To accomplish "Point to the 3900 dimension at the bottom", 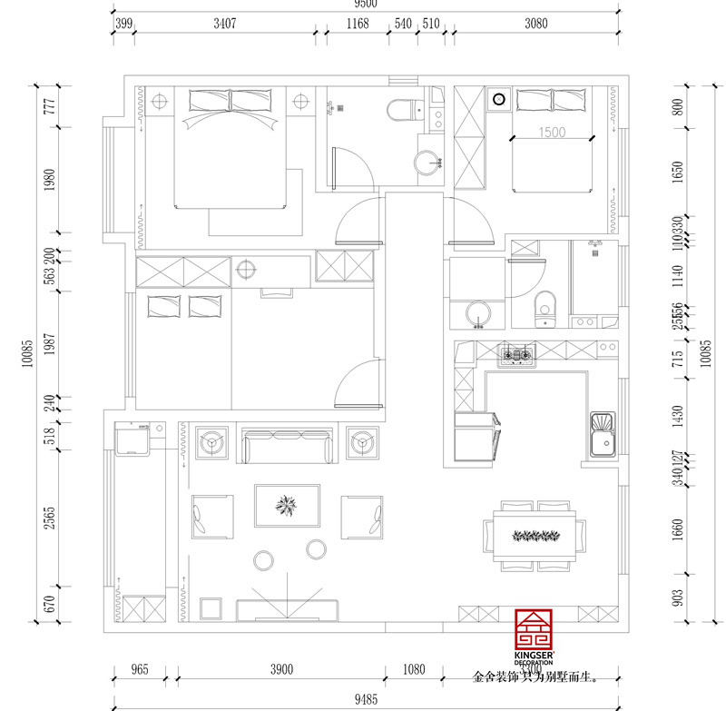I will coord(281,670).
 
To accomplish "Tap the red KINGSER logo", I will coord(534,632).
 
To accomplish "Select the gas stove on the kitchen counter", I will coord(515,356).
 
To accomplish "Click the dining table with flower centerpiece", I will coord(535,535).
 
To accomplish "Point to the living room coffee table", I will coord(288,506).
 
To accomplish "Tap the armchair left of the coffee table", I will coord(210,517).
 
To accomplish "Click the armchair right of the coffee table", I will coord(361,517).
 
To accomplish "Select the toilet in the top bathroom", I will coord(402,110).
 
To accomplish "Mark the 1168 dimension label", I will coord(358,25).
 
